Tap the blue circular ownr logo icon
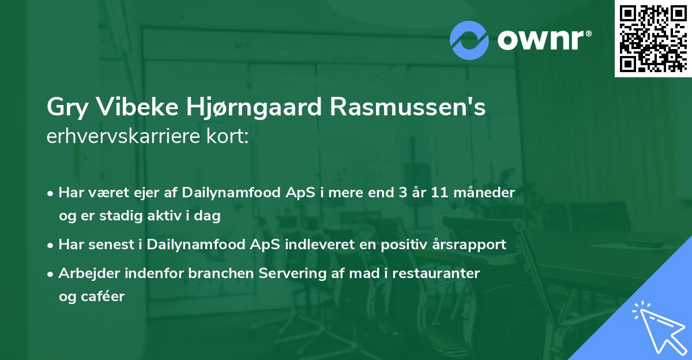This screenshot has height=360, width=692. point(470,40)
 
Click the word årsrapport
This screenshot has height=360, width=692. point(469,245)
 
